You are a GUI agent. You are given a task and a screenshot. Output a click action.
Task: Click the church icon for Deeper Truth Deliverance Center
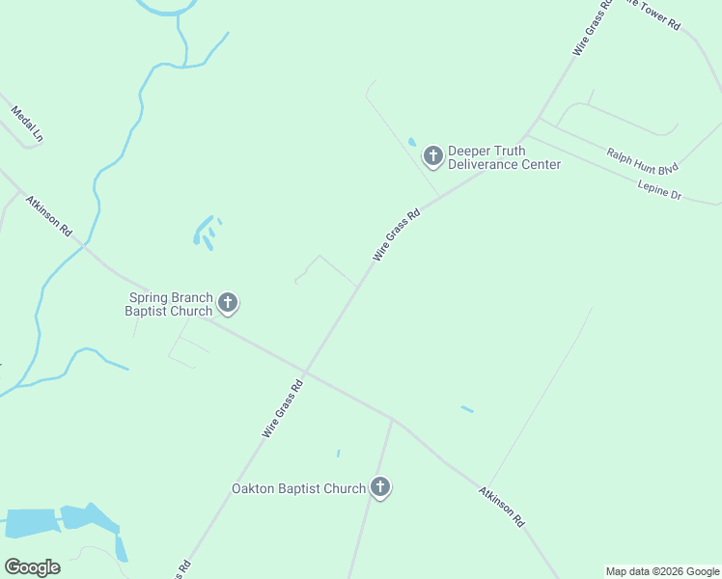coord(432,155)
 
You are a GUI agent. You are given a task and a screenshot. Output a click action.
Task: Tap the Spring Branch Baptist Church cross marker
coord(228,304)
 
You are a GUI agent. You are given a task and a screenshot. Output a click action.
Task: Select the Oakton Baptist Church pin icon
coord(380,488)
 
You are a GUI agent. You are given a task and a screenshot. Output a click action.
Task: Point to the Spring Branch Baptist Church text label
coord(169,304)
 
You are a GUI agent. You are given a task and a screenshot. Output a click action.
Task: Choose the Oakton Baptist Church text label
coord(298,488)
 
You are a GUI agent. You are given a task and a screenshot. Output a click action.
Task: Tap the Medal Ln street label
coord(27,125)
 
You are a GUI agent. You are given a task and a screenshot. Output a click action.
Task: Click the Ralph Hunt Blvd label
coord(642,158)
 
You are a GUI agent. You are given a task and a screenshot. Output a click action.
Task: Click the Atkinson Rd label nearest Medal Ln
coord(49,216)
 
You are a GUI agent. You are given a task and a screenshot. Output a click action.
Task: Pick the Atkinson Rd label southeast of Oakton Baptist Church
coord(502,506)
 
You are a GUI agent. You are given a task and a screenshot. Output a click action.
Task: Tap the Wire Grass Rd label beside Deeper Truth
coord(397,235)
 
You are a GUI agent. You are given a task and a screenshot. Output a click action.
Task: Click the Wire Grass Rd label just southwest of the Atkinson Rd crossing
coord(283,409)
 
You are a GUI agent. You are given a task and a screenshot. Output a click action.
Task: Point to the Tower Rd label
coord(660,12)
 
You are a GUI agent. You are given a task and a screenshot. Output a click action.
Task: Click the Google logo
coord(32,567)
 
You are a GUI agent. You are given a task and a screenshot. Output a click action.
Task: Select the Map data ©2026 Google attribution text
coord(662,571)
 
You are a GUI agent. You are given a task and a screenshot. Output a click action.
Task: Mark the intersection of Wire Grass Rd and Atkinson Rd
coord(306,372)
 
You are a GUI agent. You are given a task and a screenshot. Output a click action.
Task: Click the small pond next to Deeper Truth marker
coord(412,143)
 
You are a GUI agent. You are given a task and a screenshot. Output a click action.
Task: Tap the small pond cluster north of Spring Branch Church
coord(206,232)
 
